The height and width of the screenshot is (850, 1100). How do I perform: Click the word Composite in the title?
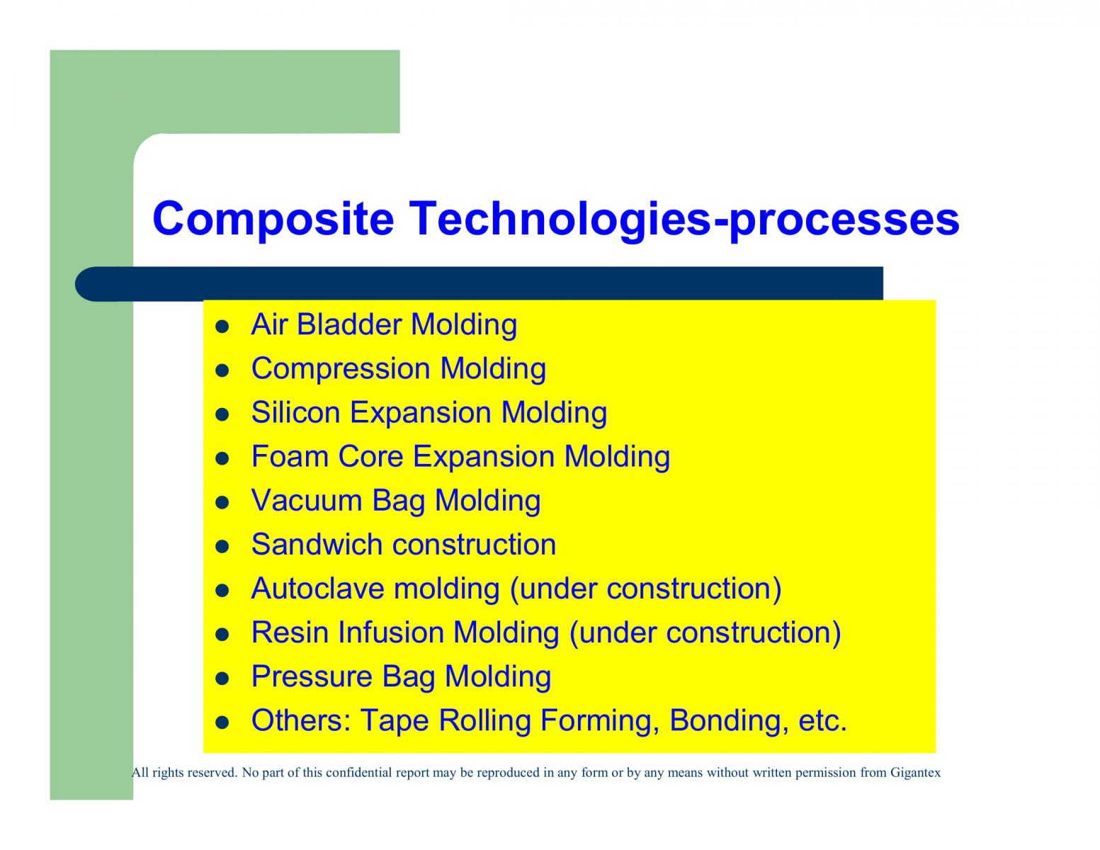click(273, 219)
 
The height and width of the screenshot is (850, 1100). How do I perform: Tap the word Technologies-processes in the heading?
click(684, 222)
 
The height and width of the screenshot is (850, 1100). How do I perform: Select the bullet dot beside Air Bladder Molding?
click(222, 327)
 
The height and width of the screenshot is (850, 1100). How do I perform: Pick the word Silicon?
click(295, 412)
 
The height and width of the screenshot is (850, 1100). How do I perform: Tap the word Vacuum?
click(306, 501)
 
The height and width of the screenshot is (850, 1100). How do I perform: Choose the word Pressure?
click(312, 677)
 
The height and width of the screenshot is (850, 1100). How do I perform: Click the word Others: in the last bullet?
click(301, 721)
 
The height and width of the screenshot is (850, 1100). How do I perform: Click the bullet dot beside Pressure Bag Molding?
click(222, 679)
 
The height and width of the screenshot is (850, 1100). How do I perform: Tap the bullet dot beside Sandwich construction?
click(222, 547)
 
